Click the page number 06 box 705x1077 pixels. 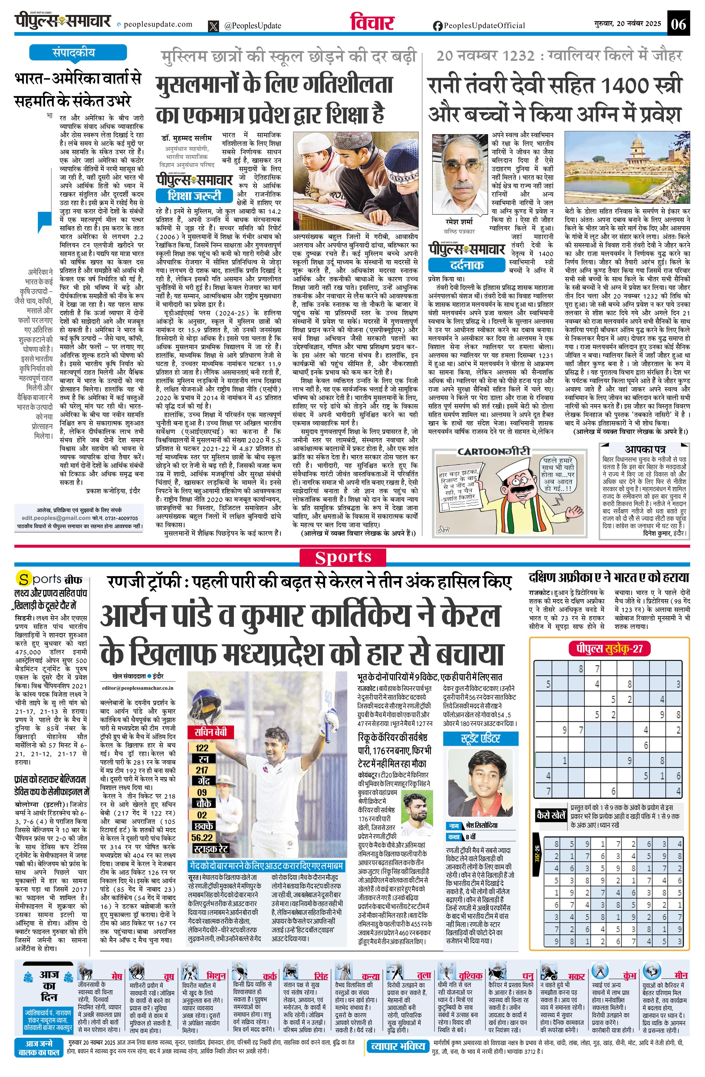tap(678, 23)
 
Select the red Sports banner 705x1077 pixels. tap(343, 557)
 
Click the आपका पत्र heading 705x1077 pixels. tap(645, 449)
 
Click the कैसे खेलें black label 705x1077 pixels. tap(550, 815)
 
